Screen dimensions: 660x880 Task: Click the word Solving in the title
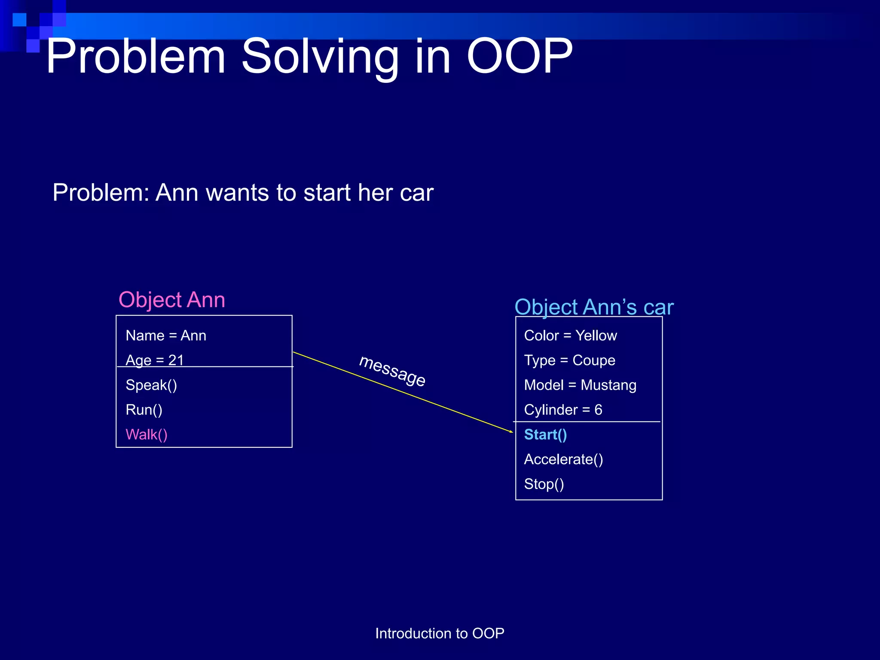pos(320,57)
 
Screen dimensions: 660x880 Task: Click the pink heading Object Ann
pos(171,299)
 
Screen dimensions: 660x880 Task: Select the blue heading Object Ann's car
pos(594,307)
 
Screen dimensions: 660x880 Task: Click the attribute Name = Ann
pos(166,336)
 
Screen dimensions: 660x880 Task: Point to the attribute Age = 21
pos(155,360)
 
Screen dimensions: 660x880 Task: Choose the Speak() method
pos(151,385)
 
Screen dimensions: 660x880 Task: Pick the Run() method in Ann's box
pos(144,410)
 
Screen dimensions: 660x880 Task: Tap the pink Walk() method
pos(147,434)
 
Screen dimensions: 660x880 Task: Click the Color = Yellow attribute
pos(570,336)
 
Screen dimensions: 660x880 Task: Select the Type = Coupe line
pos(569,360)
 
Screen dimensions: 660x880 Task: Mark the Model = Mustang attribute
pos(580,385)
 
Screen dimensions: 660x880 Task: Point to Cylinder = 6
pos(563,410)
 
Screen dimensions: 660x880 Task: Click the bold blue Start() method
pos(545,434)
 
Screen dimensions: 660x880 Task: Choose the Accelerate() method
pos(563,459)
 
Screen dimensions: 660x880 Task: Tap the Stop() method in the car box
pos(544,484)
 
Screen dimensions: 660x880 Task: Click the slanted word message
pos(392,371)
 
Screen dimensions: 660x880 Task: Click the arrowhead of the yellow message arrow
pos(511,431)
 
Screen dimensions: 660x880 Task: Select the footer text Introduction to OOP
pos(440,633)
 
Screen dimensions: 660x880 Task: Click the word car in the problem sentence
pos(416,193)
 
